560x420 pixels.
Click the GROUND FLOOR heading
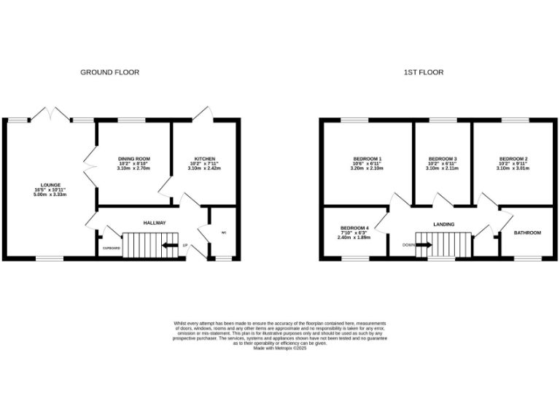pos(109,72)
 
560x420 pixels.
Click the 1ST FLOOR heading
pos(424,72)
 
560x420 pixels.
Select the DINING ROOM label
pos(133,159)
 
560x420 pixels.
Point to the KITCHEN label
pos(204,159)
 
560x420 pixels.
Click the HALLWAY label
pos(154,223)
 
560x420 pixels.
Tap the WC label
pos(223,233)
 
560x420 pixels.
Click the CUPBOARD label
pos(111,248)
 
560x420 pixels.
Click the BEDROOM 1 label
pos(368,159)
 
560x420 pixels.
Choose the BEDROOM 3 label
pos(442,159)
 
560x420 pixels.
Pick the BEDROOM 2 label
pos(513,159)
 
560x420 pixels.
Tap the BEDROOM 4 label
pos(354,228)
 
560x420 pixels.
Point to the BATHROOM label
pos(527,233)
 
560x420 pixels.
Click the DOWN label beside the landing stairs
pos(408,245)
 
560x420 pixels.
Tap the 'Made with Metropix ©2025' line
pos(280,349)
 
